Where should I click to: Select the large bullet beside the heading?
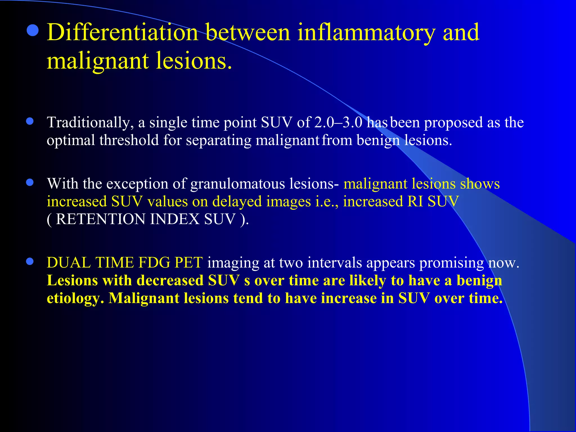(x=33, y=30)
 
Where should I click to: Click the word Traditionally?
(x=90, y=123)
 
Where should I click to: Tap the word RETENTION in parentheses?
(x=100, y=219)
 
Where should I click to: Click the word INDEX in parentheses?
(x=175, y=219)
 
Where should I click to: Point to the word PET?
(x=188, y=263)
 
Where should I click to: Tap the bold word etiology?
(x=73, y=298)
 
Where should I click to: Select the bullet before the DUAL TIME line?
(x=30, y=262)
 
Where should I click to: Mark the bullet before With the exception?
(x=30, y=183)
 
